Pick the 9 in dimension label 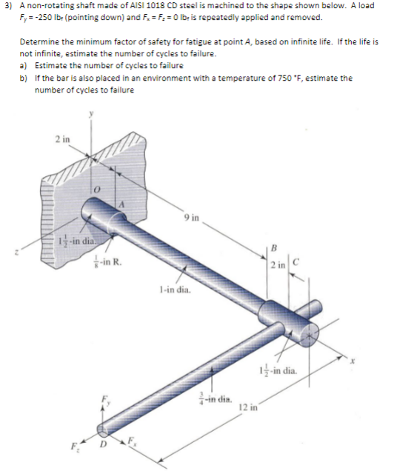tap(194, 218)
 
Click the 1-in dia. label tap(176, 292)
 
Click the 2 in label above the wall tap(62, 138)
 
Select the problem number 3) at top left tap(7, 6)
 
